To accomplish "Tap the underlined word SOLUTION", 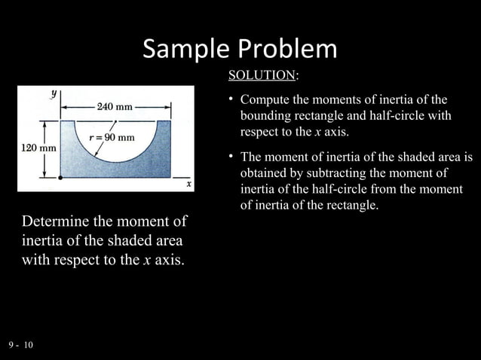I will point(261,75).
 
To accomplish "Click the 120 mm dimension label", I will point(36,148).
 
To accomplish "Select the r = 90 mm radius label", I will point(112,137).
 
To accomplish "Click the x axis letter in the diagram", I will point(188,183).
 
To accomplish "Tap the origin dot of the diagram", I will point(60,178).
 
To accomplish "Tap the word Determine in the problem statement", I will point(57,224).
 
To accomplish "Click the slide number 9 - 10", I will point(20,344).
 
